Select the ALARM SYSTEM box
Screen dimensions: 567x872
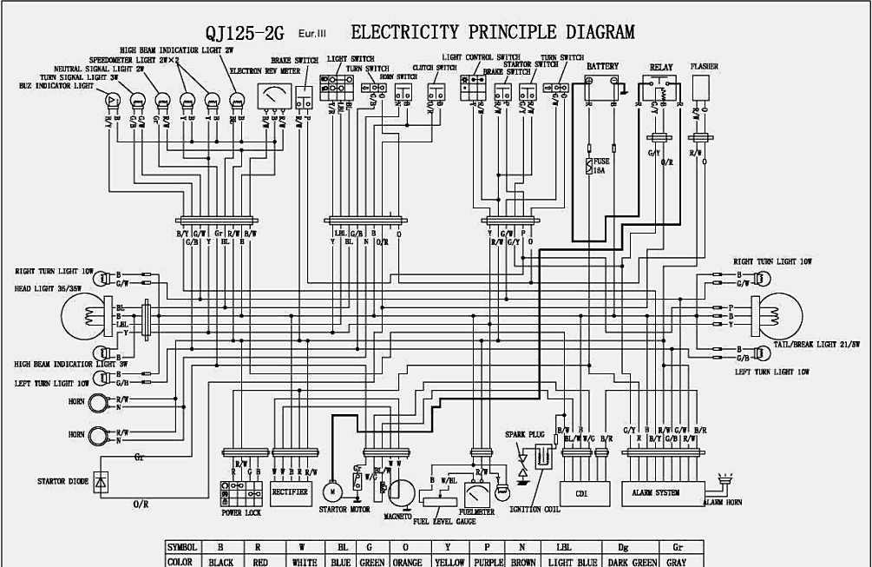click(x=655, y=492)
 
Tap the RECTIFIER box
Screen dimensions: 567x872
click(x=290, y=491)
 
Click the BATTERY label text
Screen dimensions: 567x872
click(x=602, y=65)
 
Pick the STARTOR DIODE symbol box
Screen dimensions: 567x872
click(x=101, y=480)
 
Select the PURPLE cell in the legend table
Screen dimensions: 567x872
click(x=489, y=561)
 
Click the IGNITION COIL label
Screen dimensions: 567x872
click(x=530, y=510)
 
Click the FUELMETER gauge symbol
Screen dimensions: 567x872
click(x=478, y=496)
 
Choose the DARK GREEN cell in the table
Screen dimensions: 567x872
click(x=633, y=561)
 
